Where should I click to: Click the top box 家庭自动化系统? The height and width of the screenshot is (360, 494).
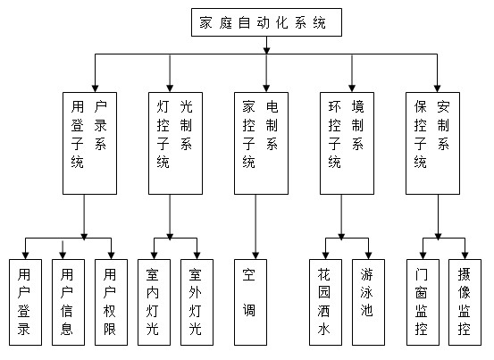tap(266, 22)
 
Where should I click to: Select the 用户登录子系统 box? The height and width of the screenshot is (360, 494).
tap(90, 143)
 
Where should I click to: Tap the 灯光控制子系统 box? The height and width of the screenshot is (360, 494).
tap(175, 143)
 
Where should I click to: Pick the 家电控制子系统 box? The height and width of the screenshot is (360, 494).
tap(261, 143)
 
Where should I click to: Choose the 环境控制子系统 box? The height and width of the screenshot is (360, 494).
tap(347, 143)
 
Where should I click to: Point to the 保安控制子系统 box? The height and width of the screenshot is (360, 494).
tap(432, 143)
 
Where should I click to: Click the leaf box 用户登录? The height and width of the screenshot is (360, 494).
tap(26, 302)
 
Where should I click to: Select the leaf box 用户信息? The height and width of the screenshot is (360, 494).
tap(69, 302)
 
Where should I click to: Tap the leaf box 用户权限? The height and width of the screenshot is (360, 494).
tap(111, 302)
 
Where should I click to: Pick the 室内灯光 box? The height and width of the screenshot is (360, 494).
tap(154, 302)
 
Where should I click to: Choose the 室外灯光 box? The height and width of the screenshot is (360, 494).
tap(197, 302)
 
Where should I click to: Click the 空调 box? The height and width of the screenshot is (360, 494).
tap(250, 302)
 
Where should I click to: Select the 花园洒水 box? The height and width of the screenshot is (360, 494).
tap(325, 302)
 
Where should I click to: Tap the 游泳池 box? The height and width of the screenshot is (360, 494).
tap(368, 302)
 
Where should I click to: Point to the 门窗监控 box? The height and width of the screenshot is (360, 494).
tap(423, 302)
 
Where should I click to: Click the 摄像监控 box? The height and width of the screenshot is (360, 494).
tap(465, 302)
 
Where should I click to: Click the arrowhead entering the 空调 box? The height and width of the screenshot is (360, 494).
tap(255, 255)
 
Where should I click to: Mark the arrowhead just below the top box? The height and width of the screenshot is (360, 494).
tap(266, 50)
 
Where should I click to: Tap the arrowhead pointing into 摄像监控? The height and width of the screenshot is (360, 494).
tap(465, 255)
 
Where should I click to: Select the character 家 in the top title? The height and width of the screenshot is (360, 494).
tap(205, 22)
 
